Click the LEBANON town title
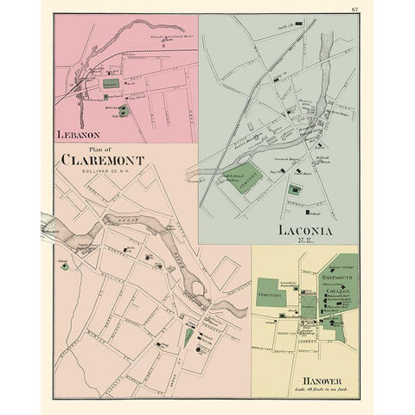click(78, 136)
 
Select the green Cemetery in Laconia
click(250, 179)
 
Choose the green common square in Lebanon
click(109, 84)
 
